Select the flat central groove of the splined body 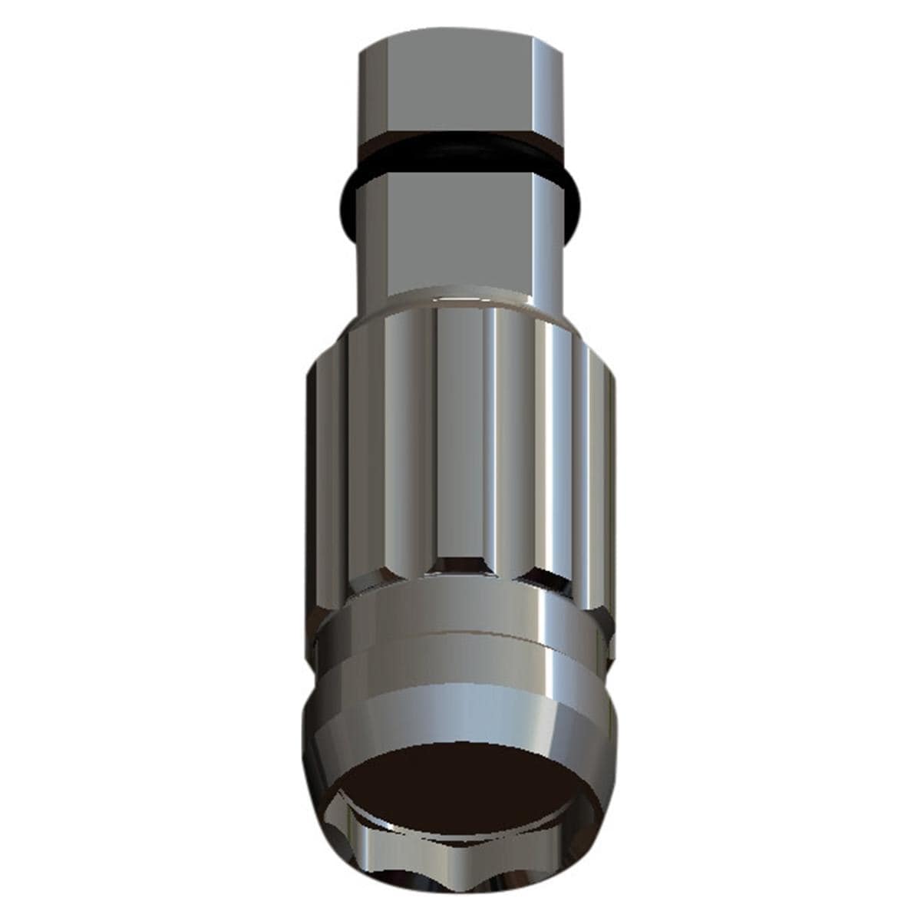(459, 437)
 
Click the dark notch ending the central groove (459, 566)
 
